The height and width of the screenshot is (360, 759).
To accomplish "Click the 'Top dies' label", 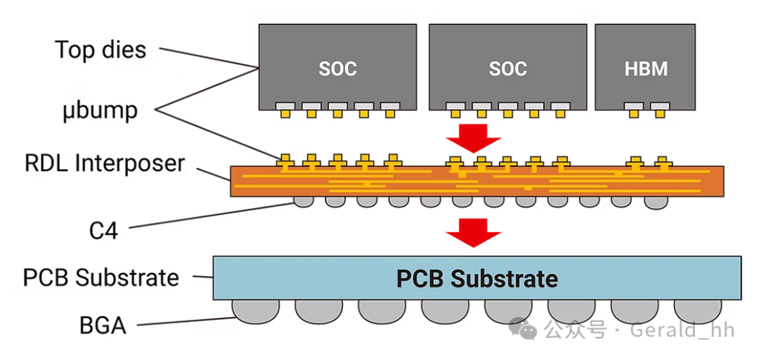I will point(100,50).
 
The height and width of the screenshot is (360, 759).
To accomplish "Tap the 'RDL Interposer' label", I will point(105,164).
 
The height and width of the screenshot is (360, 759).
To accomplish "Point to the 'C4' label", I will point(103,230).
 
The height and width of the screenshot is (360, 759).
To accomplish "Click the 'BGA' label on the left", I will point(103,326).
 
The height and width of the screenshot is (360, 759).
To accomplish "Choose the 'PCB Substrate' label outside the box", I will point(101,277).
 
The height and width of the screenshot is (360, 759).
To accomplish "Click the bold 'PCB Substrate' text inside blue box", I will point(476,278).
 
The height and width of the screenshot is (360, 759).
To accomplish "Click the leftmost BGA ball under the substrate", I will point(255,310).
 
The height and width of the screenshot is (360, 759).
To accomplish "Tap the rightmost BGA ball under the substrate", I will point(696,310).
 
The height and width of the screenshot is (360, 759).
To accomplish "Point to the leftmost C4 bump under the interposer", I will point(304,202).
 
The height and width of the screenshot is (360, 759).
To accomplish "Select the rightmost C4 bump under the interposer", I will point(656,202).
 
